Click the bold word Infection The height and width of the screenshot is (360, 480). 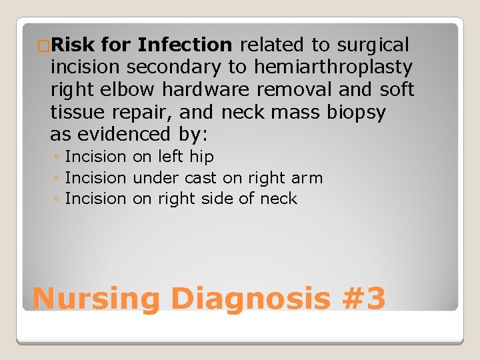(x=184, y=45)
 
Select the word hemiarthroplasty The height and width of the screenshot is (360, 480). (x=333, y=67)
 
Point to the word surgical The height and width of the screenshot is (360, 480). (x=373, y=45)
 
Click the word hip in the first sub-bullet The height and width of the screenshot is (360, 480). (x=203, y=157)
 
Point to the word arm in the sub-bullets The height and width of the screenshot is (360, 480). (x=307, y=178)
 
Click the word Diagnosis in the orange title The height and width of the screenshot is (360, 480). (x=250, y=298)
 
